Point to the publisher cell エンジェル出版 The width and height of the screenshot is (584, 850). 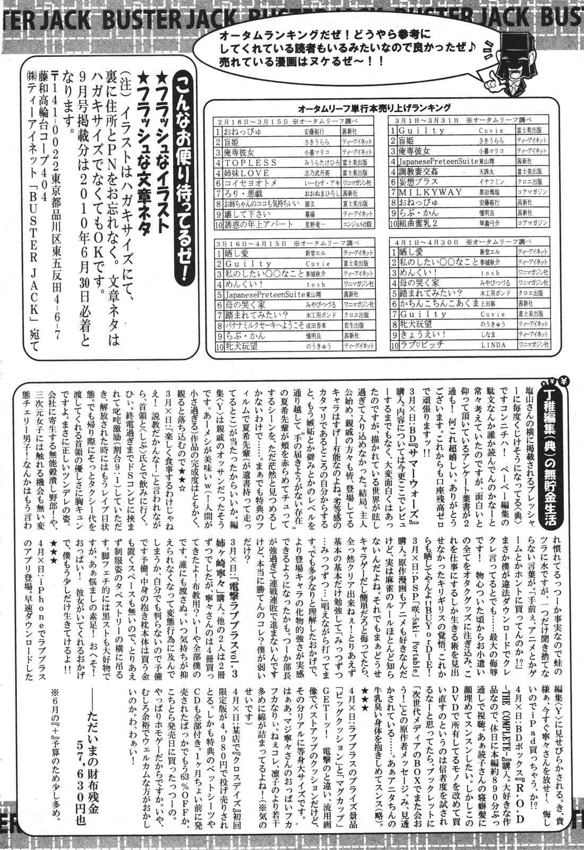357,224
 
